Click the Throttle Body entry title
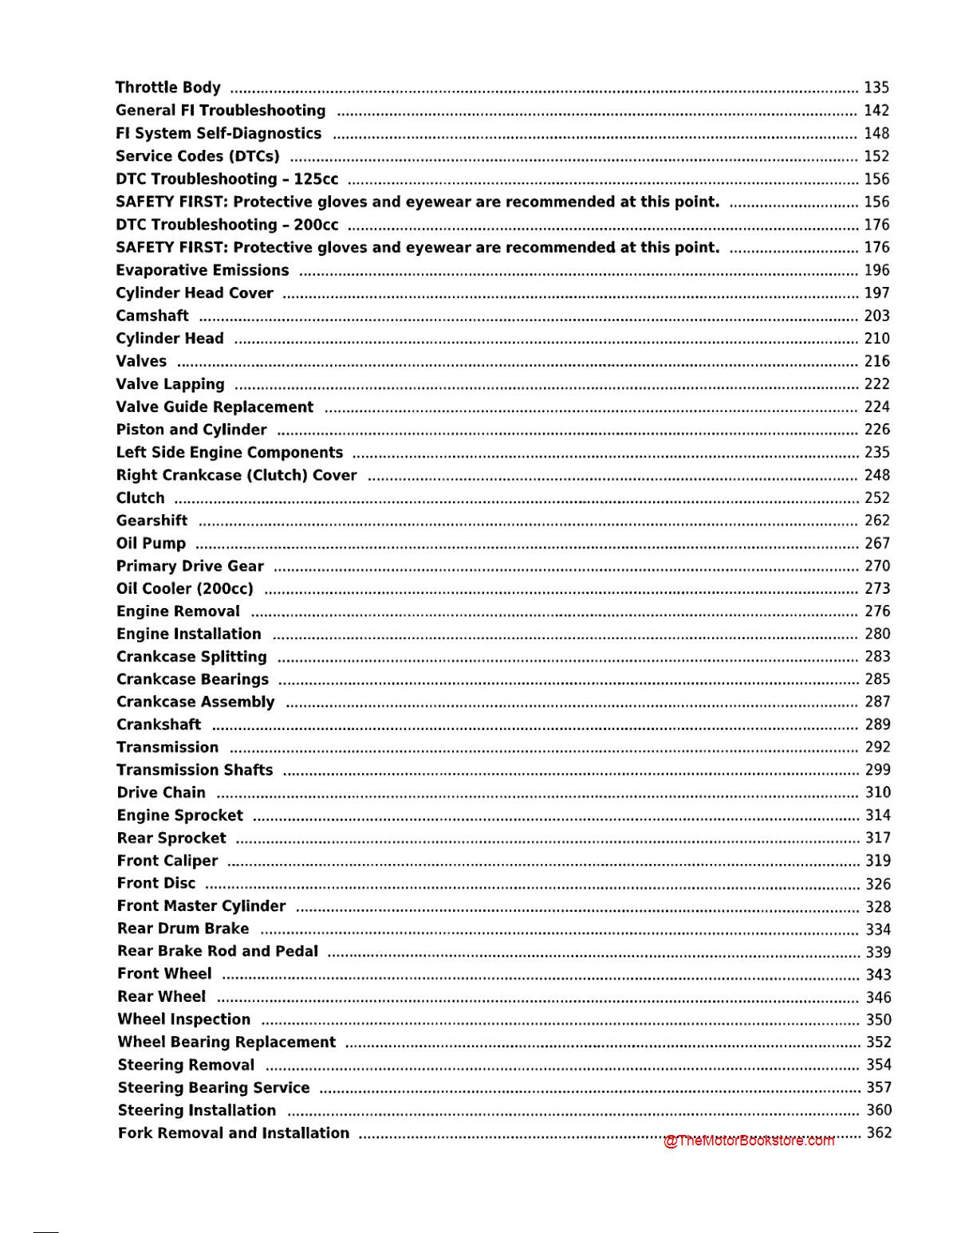tap(167, 88)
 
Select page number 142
tap(876, 111)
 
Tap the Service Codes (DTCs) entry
tap(197, 156)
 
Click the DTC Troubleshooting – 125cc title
tap(226, 179)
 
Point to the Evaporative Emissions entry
tap(202, 270)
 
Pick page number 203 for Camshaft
tap(876, 316)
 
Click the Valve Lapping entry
tap(170, 384)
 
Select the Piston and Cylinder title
tap(191, 430)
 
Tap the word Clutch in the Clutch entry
tap(140, 498)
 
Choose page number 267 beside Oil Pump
tap(877, 544)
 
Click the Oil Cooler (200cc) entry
tap(184, 589)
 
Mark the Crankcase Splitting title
tap(191, 657)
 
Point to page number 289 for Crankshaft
tap(877, 724)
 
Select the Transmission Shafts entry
tap(195, 770)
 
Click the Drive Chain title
tap(161, 793)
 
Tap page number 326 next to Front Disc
tap(878, 884)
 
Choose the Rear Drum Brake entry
tap(183, 929)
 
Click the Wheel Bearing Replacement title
tap(226, 1043)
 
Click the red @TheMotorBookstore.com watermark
tap(749, 1141)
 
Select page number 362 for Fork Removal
tap(879, 1133)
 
